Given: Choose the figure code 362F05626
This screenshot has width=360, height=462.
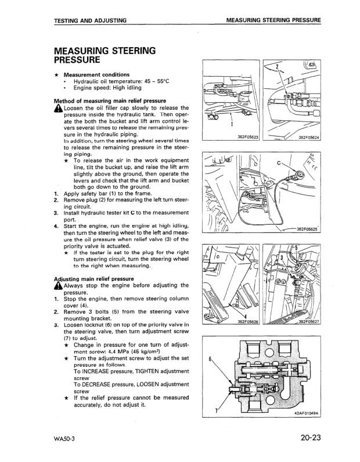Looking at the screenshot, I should tap(248, 321).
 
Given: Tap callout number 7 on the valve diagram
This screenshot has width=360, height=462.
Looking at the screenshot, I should tap(215, 410).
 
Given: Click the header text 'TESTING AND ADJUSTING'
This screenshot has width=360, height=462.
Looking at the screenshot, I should tap(90, 21).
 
